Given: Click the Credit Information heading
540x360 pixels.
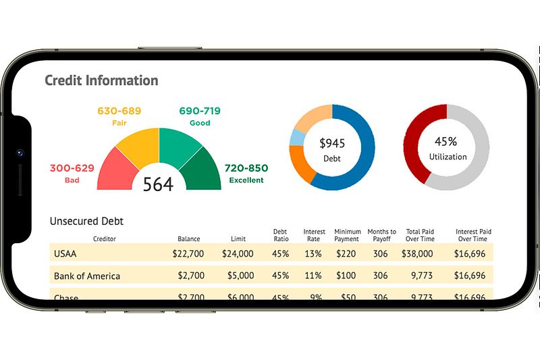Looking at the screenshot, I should coord(101,80).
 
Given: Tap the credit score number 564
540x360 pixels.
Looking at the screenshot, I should coord(158,184).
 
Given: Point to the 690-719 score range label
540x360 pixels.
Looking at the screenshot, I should coord(200,111).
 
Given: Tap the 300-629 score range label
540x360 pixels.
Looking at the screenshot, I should coord(72,168).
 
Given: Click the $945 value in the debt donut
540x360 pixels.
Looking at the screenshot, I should coord(331,143).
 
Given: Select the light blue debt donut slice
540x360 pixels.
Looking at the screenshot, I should coord(296,138).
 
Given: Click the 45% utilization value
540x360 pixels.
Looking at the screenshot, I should coord(446,142).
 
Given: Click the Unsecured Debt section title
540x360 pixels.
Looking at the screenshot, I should coord(86,221).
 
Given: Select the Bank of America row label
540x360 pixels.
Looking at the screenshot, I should coord(86,276).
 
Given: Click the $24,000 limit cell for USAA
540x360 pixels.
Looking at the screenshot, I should coord(238,254).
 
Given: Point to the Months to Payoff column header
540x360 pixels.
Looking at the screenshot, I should coord(381,235).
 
